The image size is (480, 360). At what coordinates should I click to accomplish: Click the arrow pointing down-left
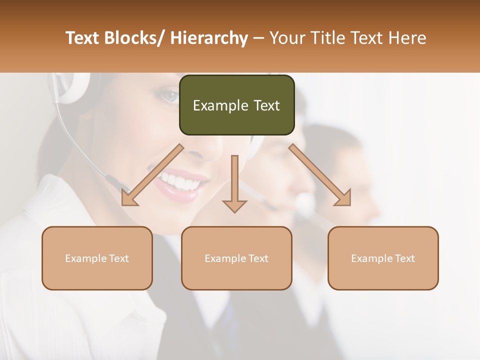[152, 175]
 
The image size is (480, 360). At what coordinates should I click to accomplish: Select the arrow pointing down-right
[320, 175]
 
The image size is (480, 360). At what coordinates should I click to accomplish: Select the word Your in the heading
[287, 38]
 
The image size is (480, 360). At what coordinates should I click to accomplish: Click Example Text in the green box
[236, 105]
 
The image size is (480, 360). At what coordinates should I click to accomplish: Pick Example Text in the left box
[97, 258]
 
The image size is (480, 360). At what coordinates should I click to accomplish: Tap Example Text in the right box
[383, 258]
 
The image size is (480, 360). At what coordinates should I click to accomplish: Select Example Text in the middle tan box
[236, 258]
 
